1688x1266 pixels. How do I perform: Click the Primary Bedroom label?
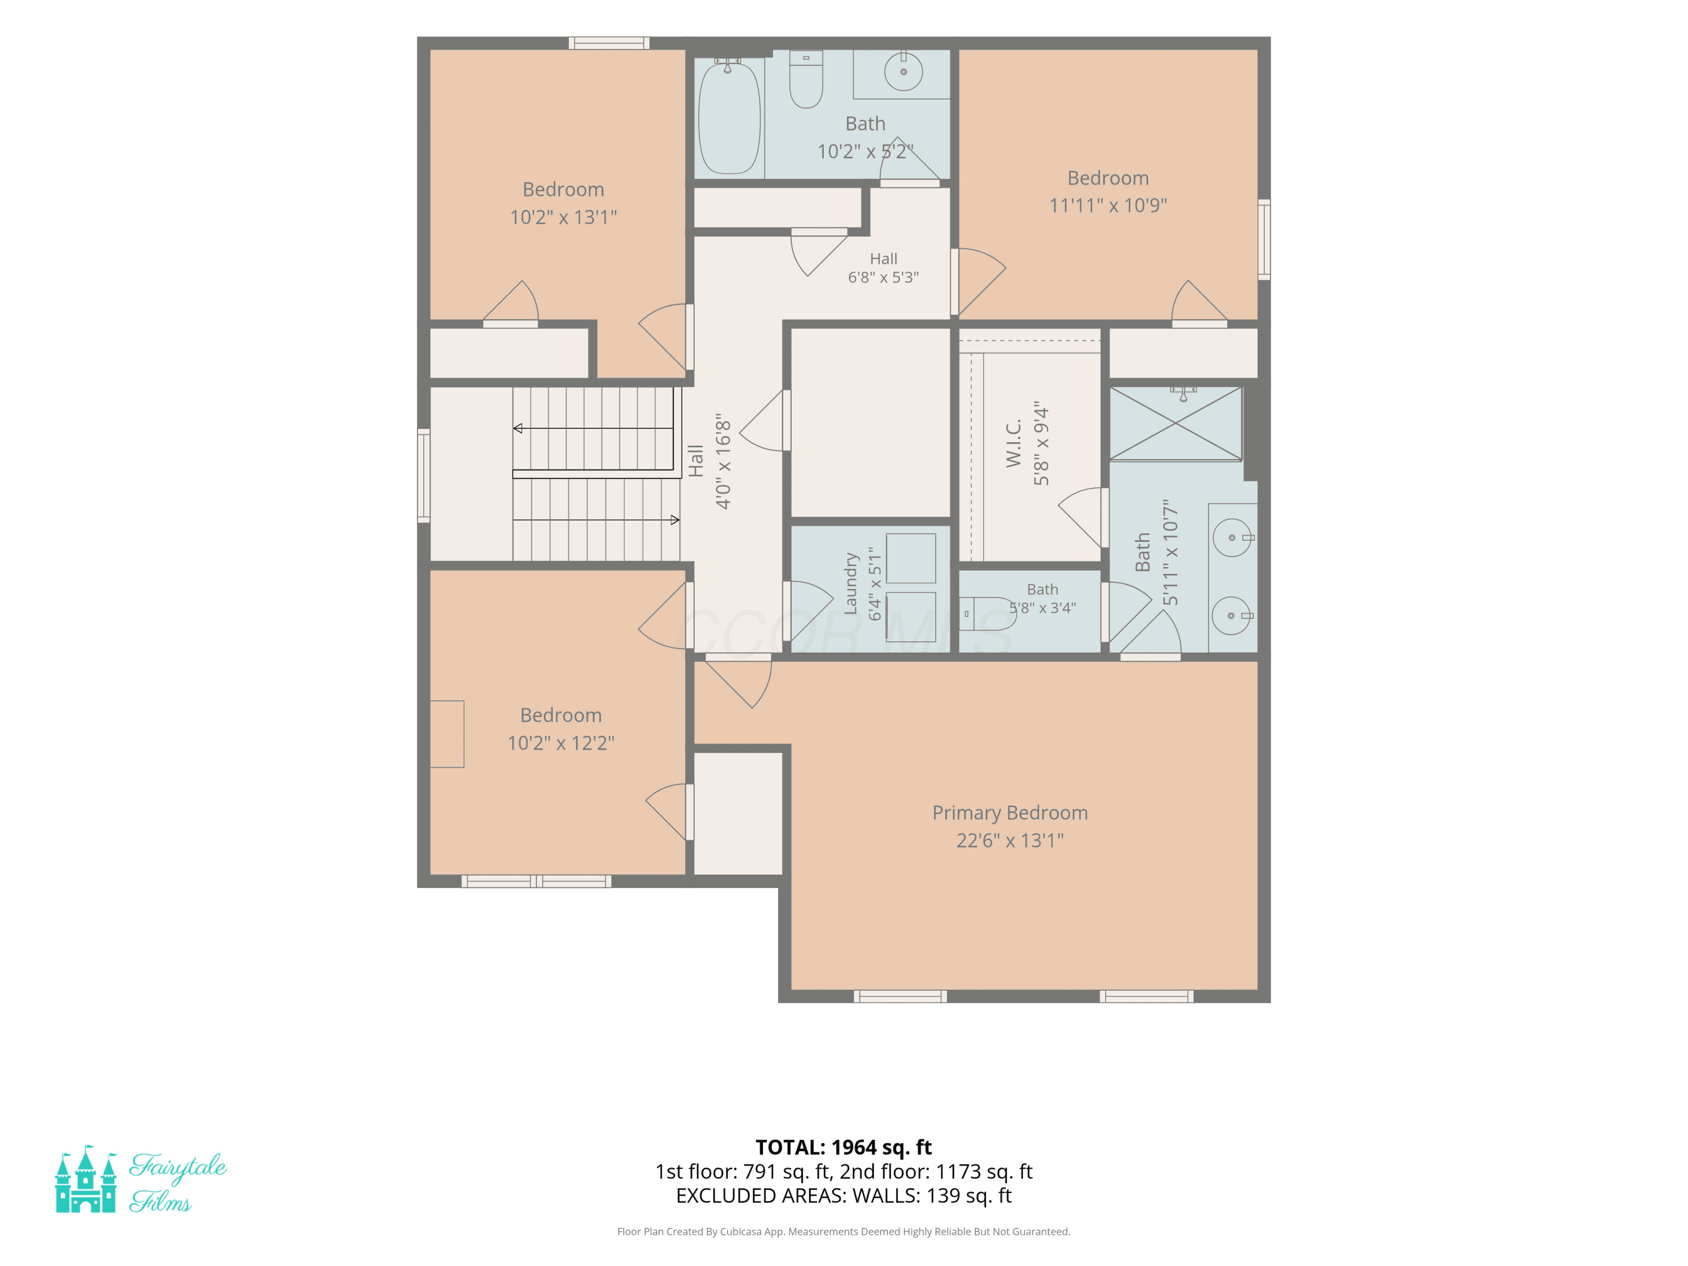point(1009,812)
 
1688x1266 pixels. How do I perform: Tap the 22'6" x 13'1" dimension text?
point(1009,840)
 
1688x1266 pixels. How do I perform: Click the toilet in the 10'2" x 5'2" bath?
point(806,79)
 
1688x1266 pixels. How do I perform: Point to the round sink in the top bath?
point(904,71)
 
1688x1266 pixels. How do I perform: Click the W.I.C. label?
point(1013,443)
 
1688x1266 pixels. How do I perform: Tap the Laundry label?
point(851,584)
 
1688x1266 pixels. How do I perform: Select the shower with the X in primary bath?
point(1175,424)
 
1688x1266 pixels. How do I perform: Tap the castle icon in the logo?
point(86,1179)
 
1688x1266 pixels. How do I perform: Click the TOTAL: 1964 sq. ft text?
point(843,1147)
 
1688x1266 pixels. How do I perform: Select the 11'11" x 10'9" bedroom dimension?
point(1108,205)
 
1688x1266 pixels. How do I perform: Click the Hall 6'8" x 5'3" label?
point(884,268)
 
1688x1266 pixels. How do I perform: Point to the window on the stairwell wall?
point(424,476)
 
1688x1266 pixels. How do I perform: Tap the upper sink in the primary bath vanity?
point(1232,538)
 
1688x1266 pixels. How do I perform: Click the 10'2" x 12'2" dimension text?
point(561,743)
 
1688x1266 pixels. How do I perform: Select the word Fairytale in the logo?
point(178,1168)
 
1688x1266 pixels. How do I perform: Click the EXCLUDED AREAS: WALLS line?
point(843,1196)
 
